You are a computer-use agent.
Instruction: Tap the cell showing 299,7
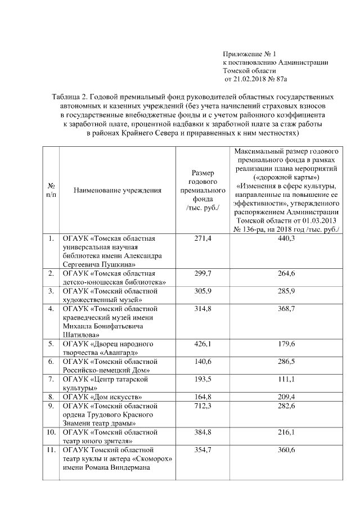[202, 273]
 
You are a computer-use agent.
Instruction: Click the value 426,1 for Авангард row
[202, 344]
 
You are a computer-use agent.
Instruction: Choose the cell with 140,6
[202, 361]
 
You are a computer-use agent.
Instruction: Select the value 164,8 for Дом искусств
[202, 397]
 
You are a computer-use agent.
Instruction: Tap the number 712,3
[202, 406]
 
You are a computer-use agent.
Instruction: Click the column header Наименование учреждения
[118, 190]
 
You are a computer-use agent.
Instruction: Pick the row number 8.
[51, 397]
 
